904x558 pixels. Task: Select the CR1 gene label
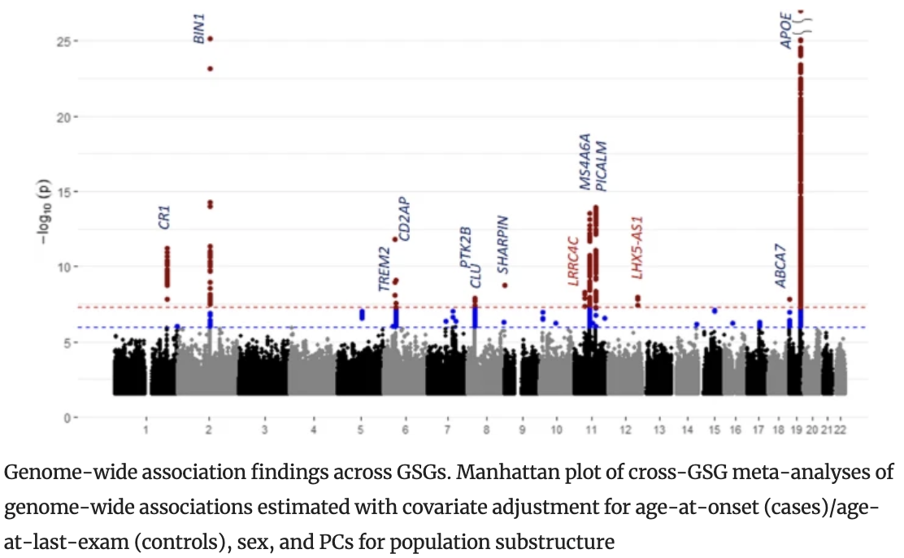click(x=164, y=216)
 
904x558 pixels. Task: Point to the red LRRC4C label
click(x=573, y=261)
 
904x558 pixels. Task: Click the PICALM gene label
click(x=602, y=167)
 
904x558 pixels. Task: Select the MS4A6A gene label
click(x=585, y=162)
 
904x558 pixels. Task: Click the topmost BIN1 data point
click(x=210, y=39)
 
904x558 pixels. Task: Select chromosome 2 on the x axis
click(x=210, y=429)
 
